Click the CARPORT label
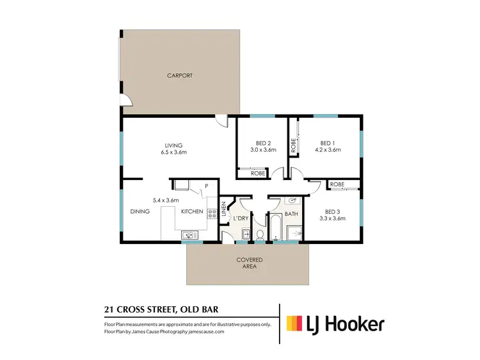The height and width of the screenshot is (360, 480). pos(180,76)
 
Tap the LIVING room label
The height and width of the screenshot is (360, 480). pos(173,145)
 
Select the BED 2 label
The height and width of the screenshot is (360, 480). pos(262,143)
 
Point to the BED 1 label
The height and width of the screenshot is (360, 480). pos(327,143)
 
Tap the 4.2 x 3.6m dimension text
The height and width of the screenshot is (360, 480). pos(327,150)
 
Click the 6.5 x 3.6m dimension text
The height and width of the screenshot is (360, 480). pos(173,152)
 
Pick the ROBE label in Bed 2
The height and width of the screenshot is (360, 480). pos(258,173)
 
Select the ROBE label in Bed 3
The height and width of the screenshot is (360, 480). pos(337,184)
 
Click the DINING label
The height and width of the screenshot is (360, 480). pos(140,211)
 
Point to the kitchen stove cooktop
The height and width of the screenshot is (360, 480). pos(211,212)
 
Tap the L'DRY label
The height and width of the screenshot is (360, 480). pos(241,219)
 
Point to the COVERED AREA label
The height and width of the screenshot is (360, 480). pos(250,263)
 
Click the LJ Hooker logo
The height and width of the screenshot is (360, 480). pos(335,324)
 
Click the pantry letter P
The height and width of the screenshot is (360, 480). pos(207,186)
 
